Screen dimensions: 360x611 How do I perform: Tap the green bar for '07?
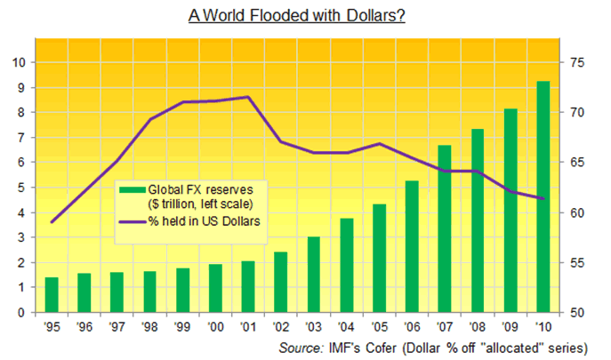(x=445, y=229)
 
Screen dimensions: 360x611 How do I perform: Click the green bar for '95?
(x=52, y=295)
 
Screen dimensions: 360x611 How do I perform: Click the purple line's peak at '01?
(x=248, y=97)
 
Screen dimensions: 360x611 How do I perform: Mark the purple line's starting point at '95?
(x=52, y=221)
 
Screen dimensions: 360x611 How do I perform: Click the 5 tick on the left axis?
(x=20, y=188)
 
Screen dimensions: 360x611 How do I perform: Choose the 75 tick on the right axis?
(x=579, y=62)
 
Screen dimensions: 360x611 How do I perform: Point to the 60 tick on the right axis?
(x=579, y=213)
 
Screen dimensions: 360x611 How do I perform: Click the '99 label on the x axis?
(x=182, y=327)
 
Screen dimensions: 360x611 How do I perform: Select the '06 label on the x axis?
(x=412, y=327)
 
